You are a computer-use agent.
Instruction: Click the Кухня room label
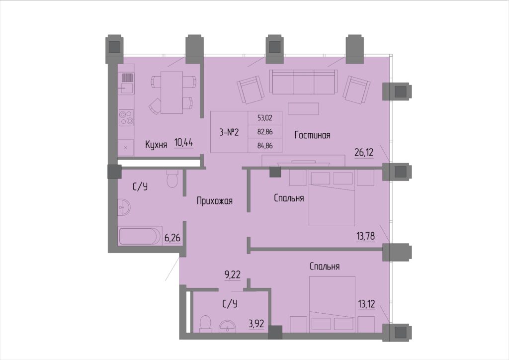156,144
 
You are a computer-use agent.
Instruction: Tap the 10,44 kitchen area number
184,142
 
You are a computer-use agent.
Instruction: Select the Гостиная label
312,135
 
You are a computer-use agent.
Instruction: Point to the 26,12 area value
364,152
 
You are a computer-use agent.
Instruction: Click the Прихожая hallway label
215,201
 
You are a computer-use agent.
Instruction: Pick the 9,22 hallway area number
233,274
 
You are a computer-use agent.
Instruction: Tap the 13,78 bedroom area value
365,236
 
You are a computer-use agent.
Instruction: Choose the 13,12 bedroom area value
366,304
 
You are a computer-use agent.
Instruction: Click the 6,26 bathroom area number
172,238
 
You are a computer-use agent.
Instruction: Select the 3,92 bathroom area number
256,323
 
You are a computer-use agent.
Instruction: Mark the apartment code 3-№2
229,132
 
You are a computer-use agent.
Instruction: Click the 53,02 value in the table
265,118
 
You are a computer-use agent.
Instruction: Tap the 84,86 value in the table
265,146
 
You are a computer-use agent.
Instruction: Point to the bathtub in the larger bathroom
140,236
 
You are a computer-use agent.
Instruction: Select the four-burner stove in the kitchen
126,118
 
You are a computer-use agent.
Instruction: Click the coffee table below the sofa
303,108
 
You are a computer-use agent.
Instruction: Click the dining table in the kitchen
171,92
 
